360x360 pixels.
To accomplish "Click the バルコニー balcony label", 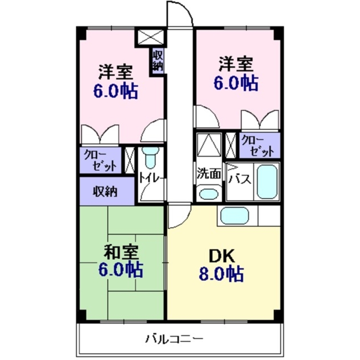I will [x=175, y=339].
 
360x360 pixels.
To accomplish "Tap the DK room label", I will [x=222, y=256].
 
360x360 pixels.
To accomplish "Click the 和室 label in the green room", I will [x=121, y=253].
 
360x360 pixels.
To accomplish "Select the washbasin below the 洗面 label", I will [x=209, y=194].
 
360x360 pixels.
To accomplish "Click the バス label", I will [x=240, y=179].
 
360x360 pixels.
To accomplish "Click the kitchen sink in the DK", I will [x=235, y=216].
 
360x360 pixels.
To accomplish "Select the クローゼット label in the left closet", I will [x=100, y=161].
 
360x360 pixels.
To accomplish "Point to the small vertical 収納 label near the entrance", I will [x=157, y=61].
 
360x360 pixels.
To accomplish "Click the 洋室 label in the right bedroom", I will [x=236, y=66].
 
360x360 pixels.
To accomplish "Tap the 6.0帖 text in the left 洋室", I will [x=115, y=91].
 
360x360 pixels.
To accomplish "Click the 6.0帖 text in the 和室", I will [x=121, y=270].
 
